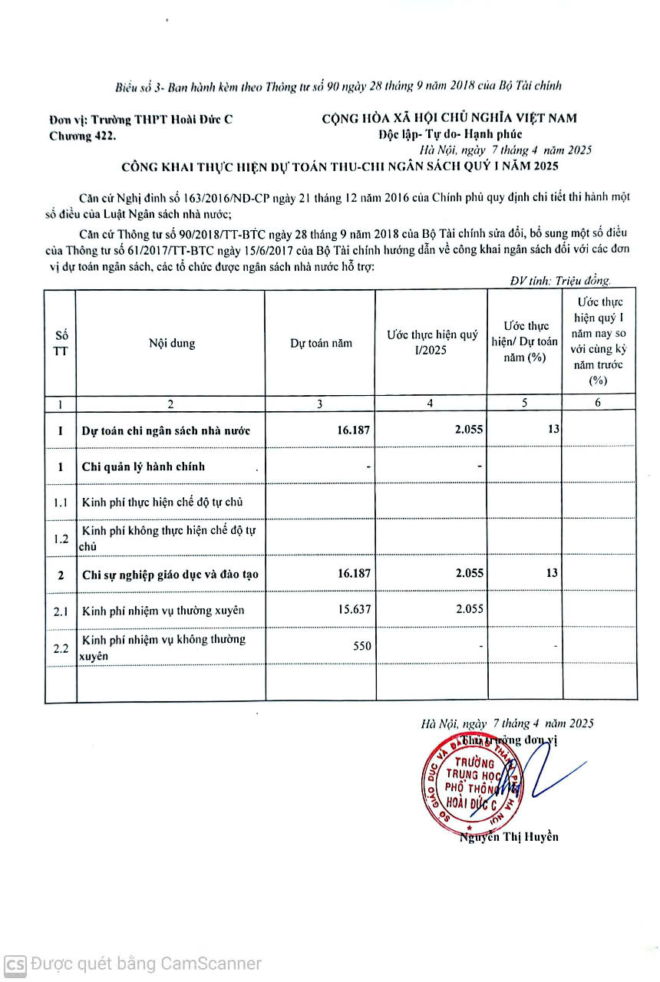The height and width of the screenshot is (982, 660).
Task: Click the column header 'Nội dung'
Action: [x=171, y=343]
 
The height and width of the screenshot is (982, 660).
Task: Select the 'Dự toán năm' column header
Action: [x=321, y=343]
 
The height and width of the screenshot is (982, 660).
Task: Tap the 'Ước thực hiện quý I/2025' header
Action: [x=431, y=342]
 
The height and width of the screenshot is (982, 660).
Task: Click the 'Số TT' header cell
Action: [x=61, y=343]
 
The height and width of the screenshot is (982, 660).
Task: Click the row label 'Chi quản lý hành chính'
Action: [x=144, y=466]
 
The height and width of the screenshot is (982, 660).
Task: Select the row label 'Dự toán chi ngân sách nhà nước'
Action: [x=166, y=430]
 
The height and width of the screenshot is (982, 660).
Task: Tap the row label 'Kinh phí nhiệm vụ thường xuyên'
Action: [x=163, y=610]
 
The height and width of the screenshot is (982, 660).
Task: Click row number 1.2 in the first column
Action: [x=61, y=539]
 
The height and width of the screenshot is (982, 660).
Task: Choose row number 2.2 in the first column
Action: [x=61, y=648]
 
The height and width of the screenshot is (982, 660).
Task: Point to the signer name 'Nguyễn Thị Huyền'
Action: [x=510, y=836]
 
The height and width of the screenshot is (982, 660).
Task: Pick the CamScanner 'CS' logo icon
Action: [x=15, y=964]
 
